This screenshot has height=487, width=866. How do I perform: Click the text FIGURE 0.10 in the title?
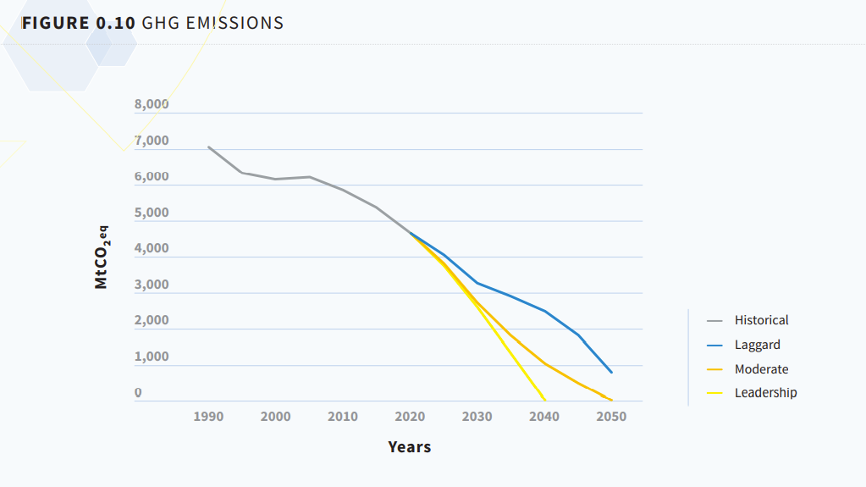point(78,24)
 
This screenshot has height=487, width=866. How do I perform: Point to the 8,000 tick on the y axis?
point(152,105)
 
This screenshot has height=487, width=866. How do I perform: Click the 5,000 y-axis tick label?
point(152,213)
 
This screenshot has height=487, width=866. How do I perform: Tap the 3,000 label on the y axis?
point(152,285)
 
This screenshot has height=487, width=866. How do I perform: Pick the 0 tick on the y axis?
point(138,393)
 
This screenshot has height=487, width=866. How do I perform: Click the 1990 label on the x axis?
point(208,417)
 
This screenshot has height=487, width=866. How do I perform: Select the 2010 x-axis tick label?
point(343,417)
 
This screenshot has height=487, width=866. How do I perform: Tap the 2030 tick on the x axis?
point(477,417)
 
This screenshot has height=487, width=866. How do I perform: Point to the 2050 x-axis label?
point(611,417)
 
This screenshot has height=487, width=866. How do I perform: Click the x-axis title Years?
point(410,447)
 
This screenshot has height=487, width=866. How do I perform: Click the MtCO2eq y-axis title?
point(102,257)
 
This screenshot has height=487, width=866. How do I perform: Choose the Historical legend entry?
point(761,320)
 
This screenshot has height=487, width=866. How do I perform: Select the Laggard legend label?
point(757,345)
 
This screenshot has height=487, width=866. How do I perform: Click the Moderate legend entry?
point(761,369)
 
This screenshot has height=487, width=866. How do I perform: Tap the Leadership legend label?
point(765,393)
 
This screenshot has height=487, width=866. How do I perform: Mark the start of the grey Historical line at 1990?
point(209,147)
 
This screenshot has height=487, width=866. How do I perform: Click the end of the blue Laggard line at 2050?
point(611,372)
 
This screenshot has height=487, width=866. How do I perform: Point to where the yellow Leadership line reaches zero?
point(544,401)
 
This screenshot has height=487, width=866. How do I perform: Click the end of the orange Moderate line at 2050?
point(610,400)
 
